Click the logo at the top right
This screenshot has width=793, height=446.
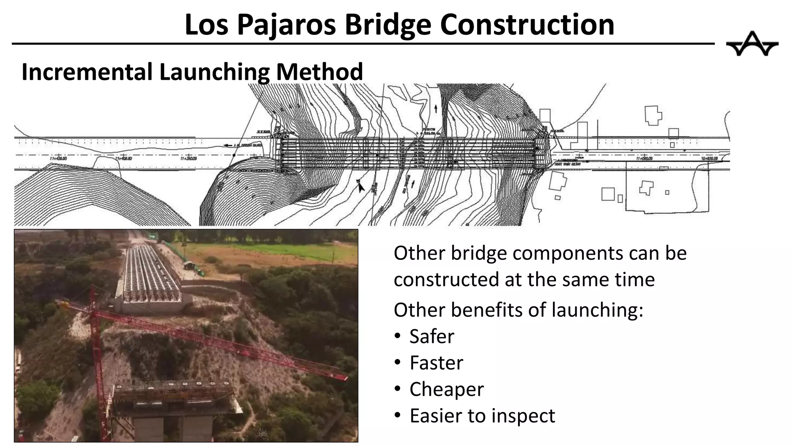(752, 44)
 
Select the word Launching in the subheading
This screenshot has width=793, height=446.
(215, 72)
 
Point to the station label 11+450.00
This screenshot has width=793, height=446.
(58, 158)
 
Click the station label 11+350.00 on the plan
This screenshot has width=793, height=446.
(189, 158)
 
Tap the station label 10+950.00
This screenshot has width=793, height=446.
(709, 159)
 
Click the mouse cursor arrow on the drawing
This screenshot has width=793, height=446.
(360, 187)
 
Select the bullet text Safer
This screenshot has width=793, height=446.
(432, 336)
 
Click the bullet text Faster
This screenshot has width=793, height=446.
(436, 363)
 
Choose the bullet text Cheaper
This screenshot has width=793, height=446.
(446, 389)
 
